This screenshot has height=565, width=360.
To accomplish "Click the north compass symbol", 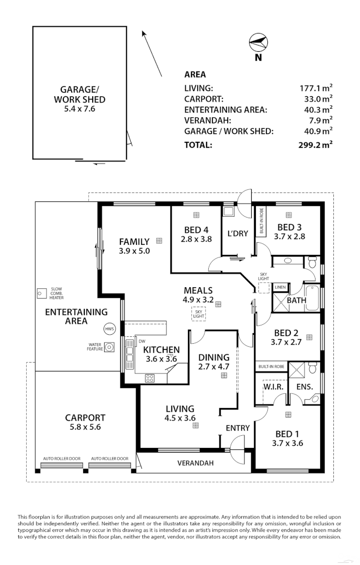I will (x=258, y=42).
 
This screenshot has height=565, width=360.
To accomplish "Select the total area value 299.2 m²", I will (x=315, y=145).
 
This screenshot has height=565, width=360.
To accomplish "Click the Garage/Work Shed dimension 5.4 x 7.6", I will (x=80, y=109).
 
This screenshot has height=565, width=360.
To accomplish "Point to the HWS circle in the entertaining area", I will (x=109, y=329).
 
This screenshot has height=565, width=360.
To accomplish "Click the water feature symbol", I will (x=109, y=347).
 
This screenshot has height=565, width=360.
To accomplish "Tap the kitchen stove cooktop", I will (x=150, y=377).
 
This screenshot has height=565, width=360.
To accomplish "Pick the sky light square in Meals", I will (x=198, y=313).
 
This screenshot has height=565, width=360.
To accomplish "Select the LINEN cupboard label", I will (x=280, y=287).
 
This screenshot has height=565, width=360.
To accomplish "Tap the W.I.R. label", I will (x=271, y=387).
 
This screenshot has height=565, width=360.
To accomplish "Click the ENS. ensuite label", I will (x=304, y=387).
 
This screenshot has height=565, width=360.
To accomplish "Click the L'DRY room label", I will (x=237, y=233).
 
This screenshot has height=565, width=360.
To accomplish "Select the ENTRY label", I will (x=238, y=428).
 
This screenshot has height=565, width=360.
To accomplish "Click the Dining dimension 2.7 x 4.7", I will (x=214, y=367).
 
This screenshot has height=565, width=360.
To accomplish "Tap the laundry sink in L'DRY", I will (x=229, y=211).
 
